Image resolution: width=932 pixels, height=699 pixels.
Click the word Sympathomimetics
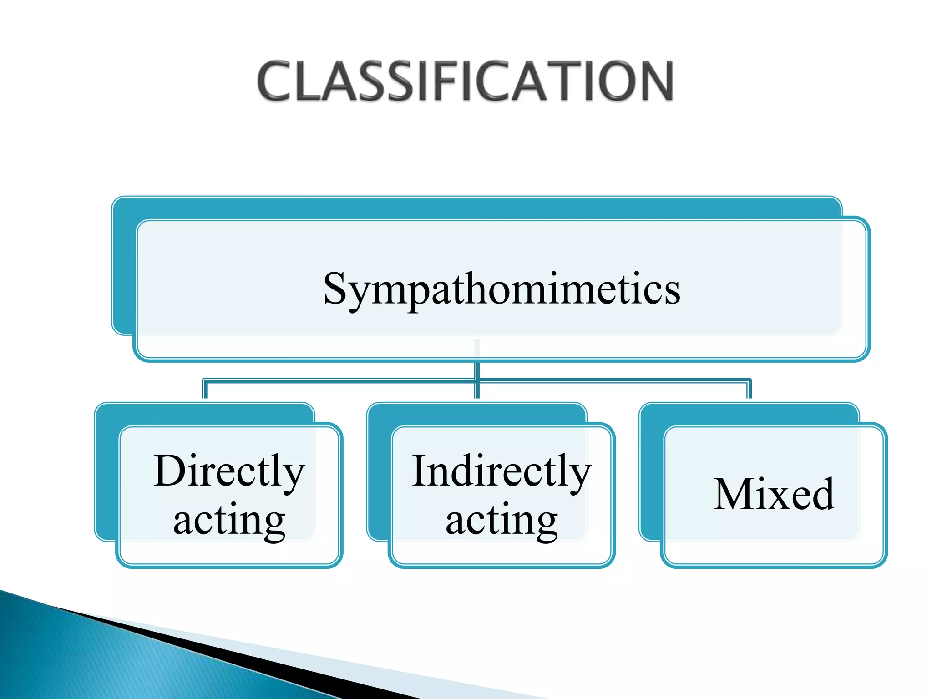(501, 289)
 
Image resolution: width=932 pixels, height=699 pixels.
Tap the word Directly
(229, 472)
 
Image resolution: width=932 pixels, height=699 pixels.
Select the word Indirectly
(501, 472)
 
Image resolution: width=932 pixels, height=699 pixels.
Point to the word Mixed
(774, 495)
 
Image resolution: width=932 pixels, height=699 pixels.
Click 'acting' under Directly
(229, 520)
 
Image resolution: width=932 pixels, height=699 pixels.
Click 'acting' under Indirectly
(501, 520)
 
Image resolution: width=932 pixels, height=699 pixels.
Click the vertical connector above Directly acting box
(205, 390)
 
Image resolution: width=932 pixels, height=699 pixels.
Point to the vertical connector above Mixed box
(749, 390)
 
